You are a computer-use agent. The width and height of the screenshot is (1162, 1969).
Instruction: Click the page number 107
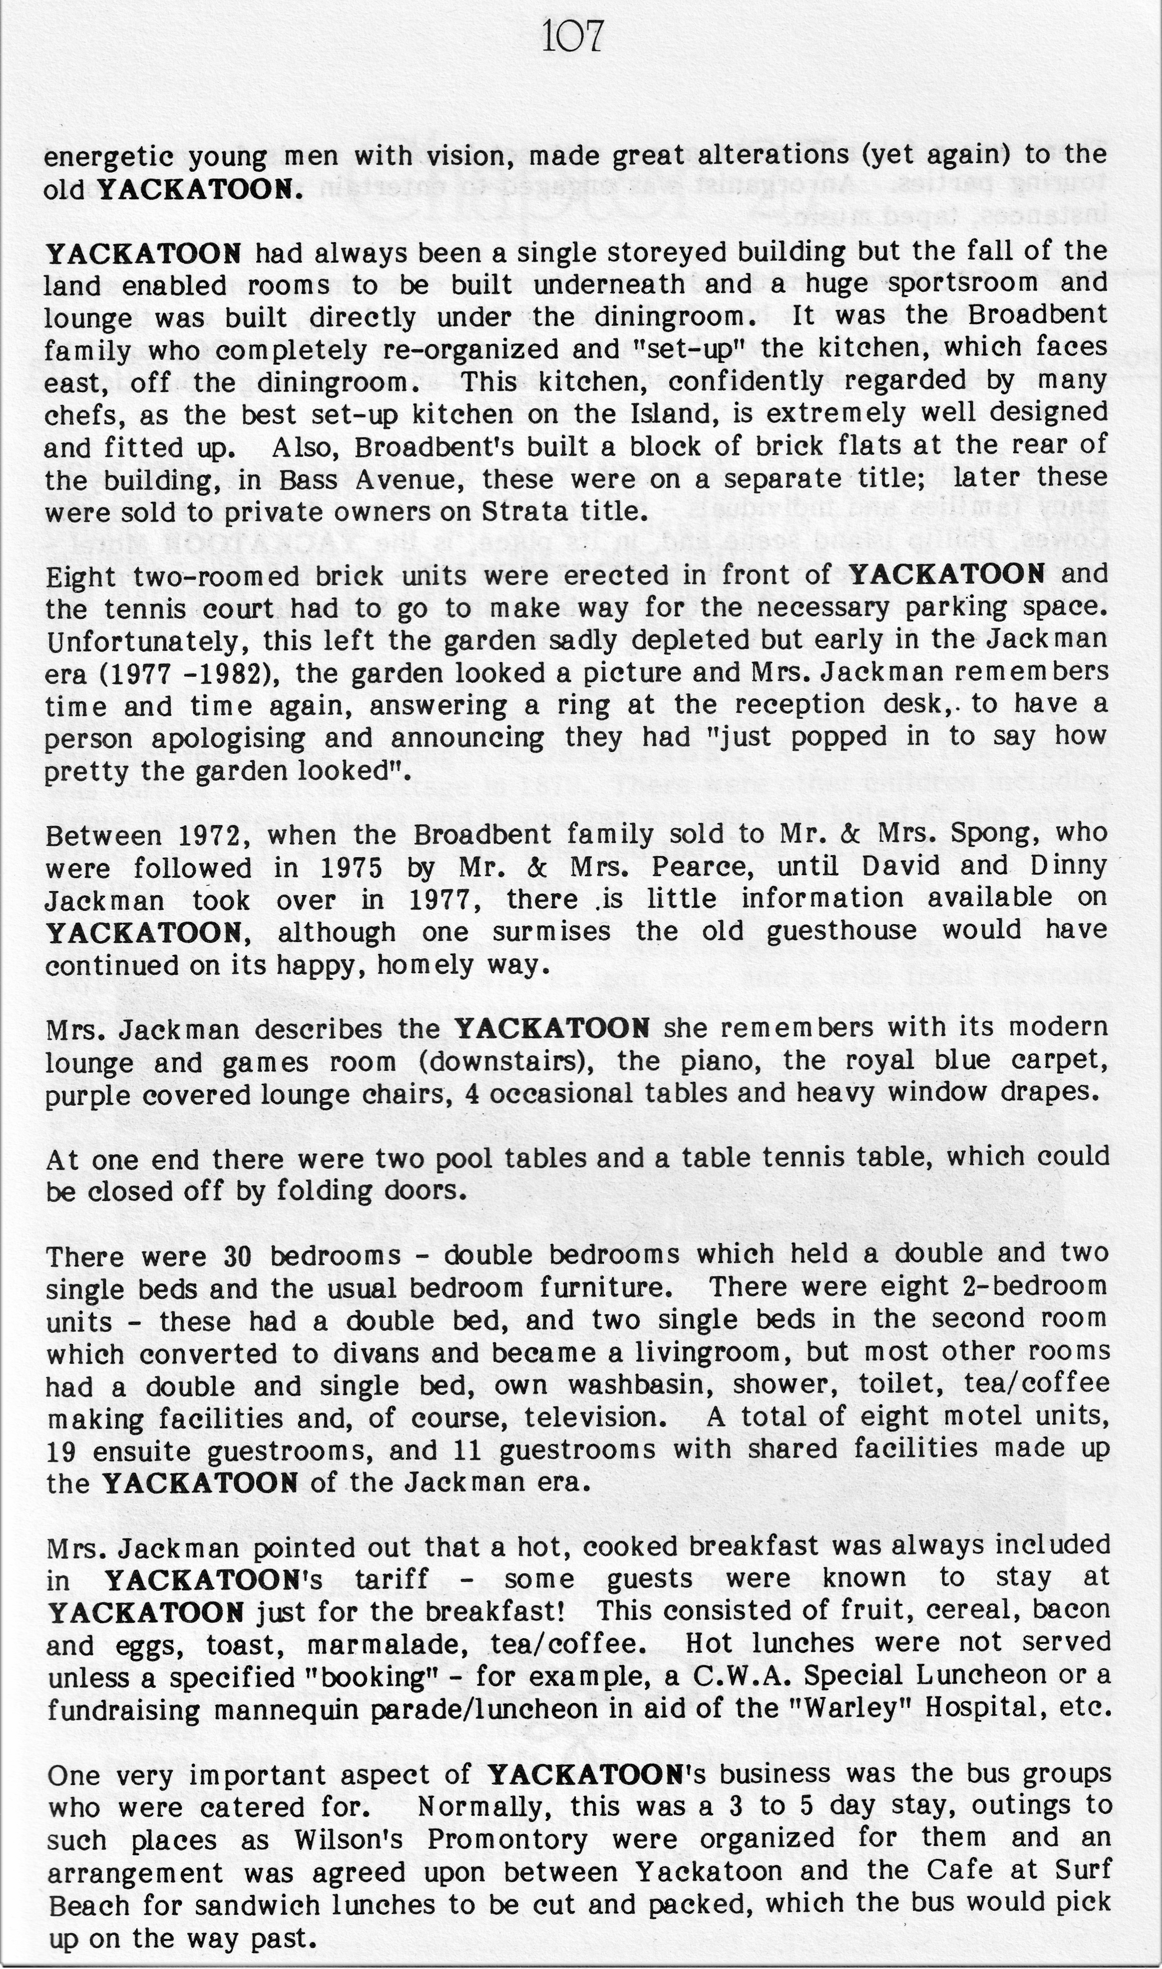tap(572, 38)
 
